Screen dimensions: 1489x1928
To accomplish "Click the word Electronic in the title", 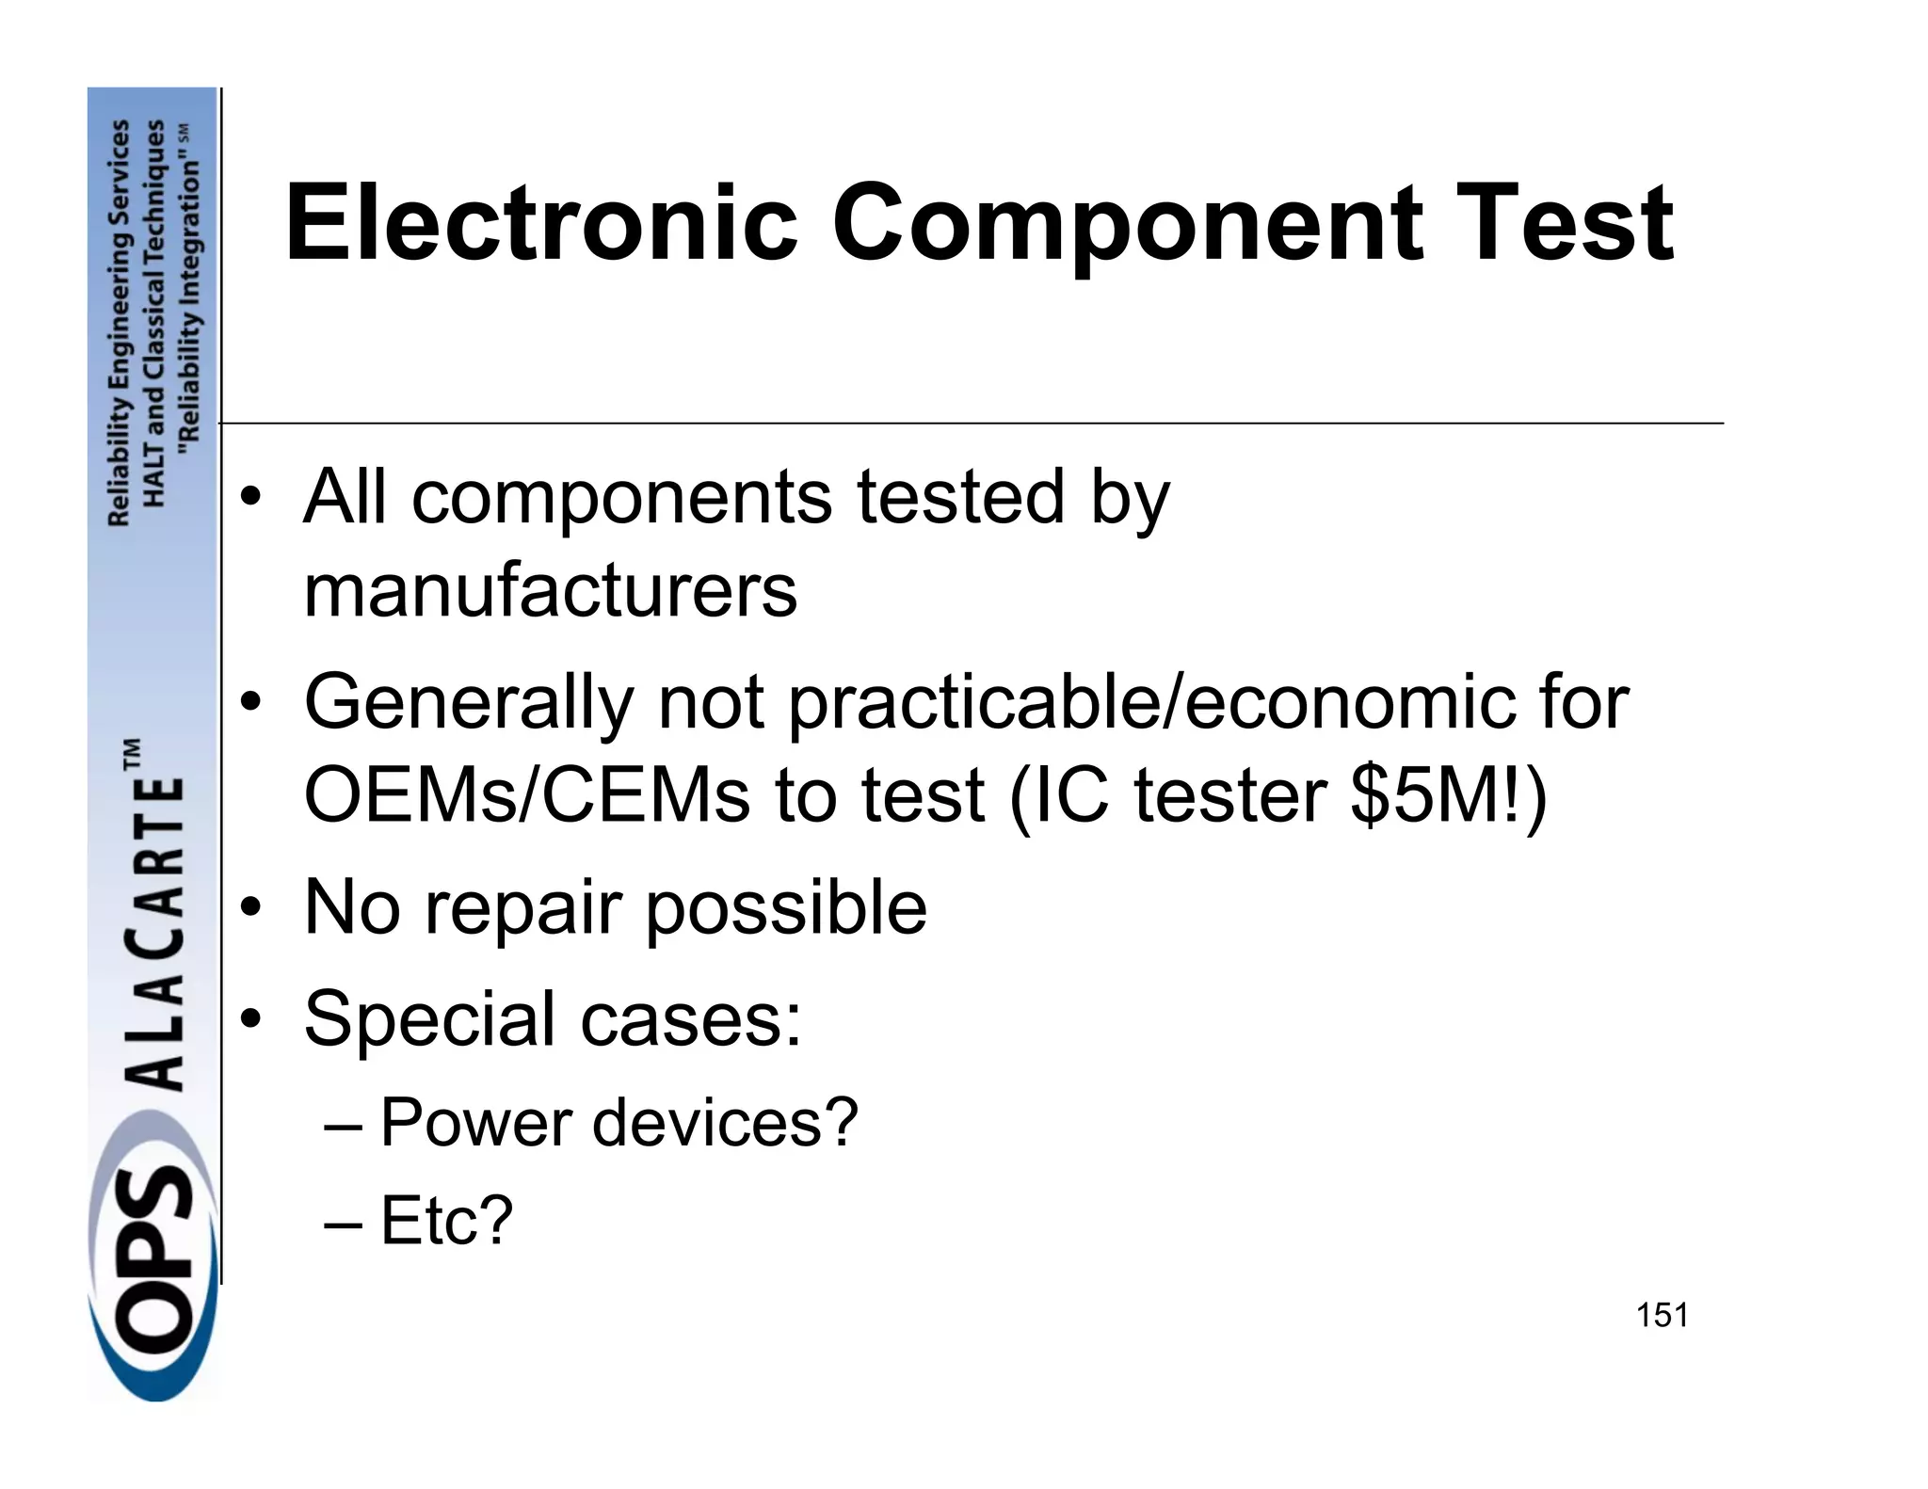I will click(x=541, y=224).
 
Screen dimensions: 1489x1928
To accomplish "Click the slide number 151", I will click(x=1662, y=1315).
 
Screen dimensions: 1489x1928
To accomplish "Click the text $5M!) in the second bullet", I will click(x=1448, y=796).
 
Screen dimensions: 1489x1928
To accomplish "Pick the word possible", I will click(x=787, y=909).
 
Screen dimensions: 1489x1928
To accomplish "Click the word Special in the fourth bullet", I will click(x=428, y=1018).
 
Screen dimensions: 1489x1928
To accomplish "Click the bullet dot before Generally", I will click(x=249, y=703).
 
